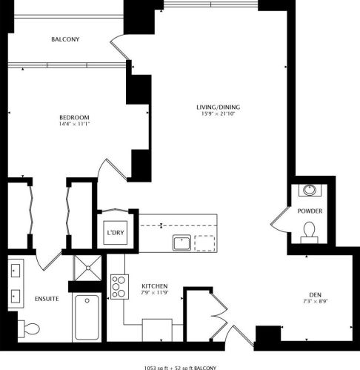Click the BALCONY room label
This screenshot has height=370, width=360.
(x=65, y=39)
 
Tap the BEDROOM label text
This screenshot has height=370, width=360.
(x=74, y=118)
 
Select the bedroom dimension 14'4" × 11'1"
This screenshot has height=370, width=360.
(x=74, y=125)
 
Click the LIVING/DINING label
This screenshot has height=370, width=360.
(x=219, y=107)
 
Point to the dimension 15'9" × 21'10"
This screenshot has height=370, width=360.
(x=219, y=114)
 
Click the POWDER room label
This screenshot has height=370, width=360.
(x=310, y=211)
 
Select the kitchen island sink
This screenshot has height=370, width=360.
(x=179, y=242)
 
